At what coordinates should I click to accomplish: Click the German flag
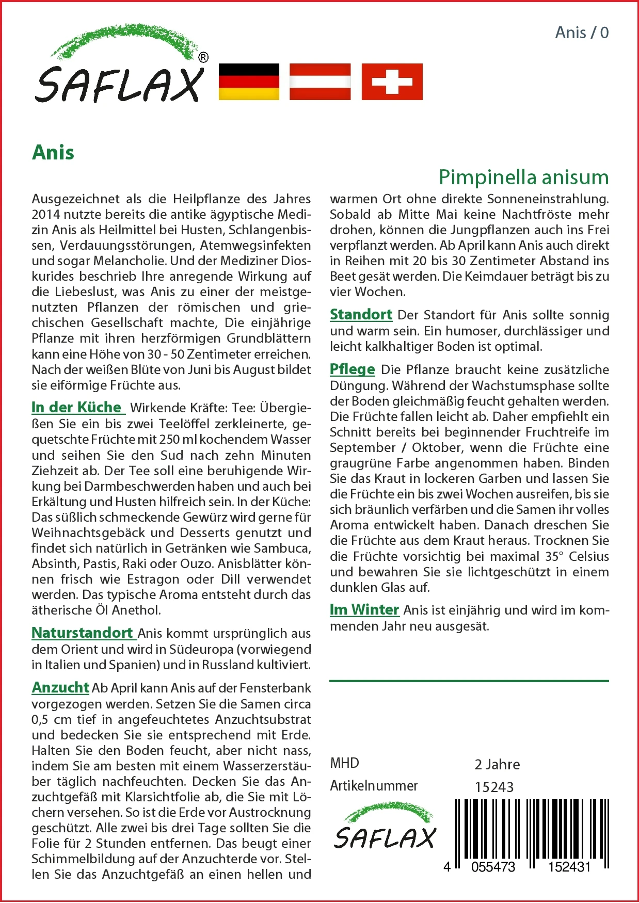pos(249,82)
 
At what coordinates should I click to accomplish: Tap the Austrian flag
pos(320,82)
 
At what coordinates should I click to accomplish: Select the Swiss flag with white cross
pos(392,82)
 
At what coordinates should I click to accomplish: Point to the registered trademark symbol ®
pos(203,58)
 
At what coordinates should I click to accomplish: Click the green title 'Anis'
pos(53,153)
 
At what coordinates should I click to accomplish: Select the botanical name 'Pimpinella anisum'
pos(523,177)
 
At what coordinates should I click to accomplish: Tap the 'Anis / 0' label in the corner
pos(582,33)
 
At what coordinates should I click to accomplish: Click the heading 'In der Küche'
pos(77,407)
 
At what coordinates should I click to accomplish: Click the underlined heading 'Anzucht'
pos(60,687)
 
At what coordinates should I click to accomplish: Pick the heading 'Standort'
pos(361,314)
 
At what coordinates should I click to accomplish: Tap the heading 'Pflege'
pos(352,369)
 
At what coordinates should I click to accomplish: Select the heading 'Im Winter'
pos(364,609)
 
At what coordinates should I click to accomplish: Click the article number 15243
pos(494,787)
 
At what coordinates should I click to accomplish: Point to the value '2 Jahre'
pos(497,764)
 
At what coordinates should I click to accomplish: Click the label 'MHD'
pos(344,763)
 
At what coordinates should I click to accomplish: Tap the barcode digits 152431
pos(569,867)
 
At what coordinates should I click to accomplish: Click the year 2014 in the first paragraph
pos(46,214)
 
